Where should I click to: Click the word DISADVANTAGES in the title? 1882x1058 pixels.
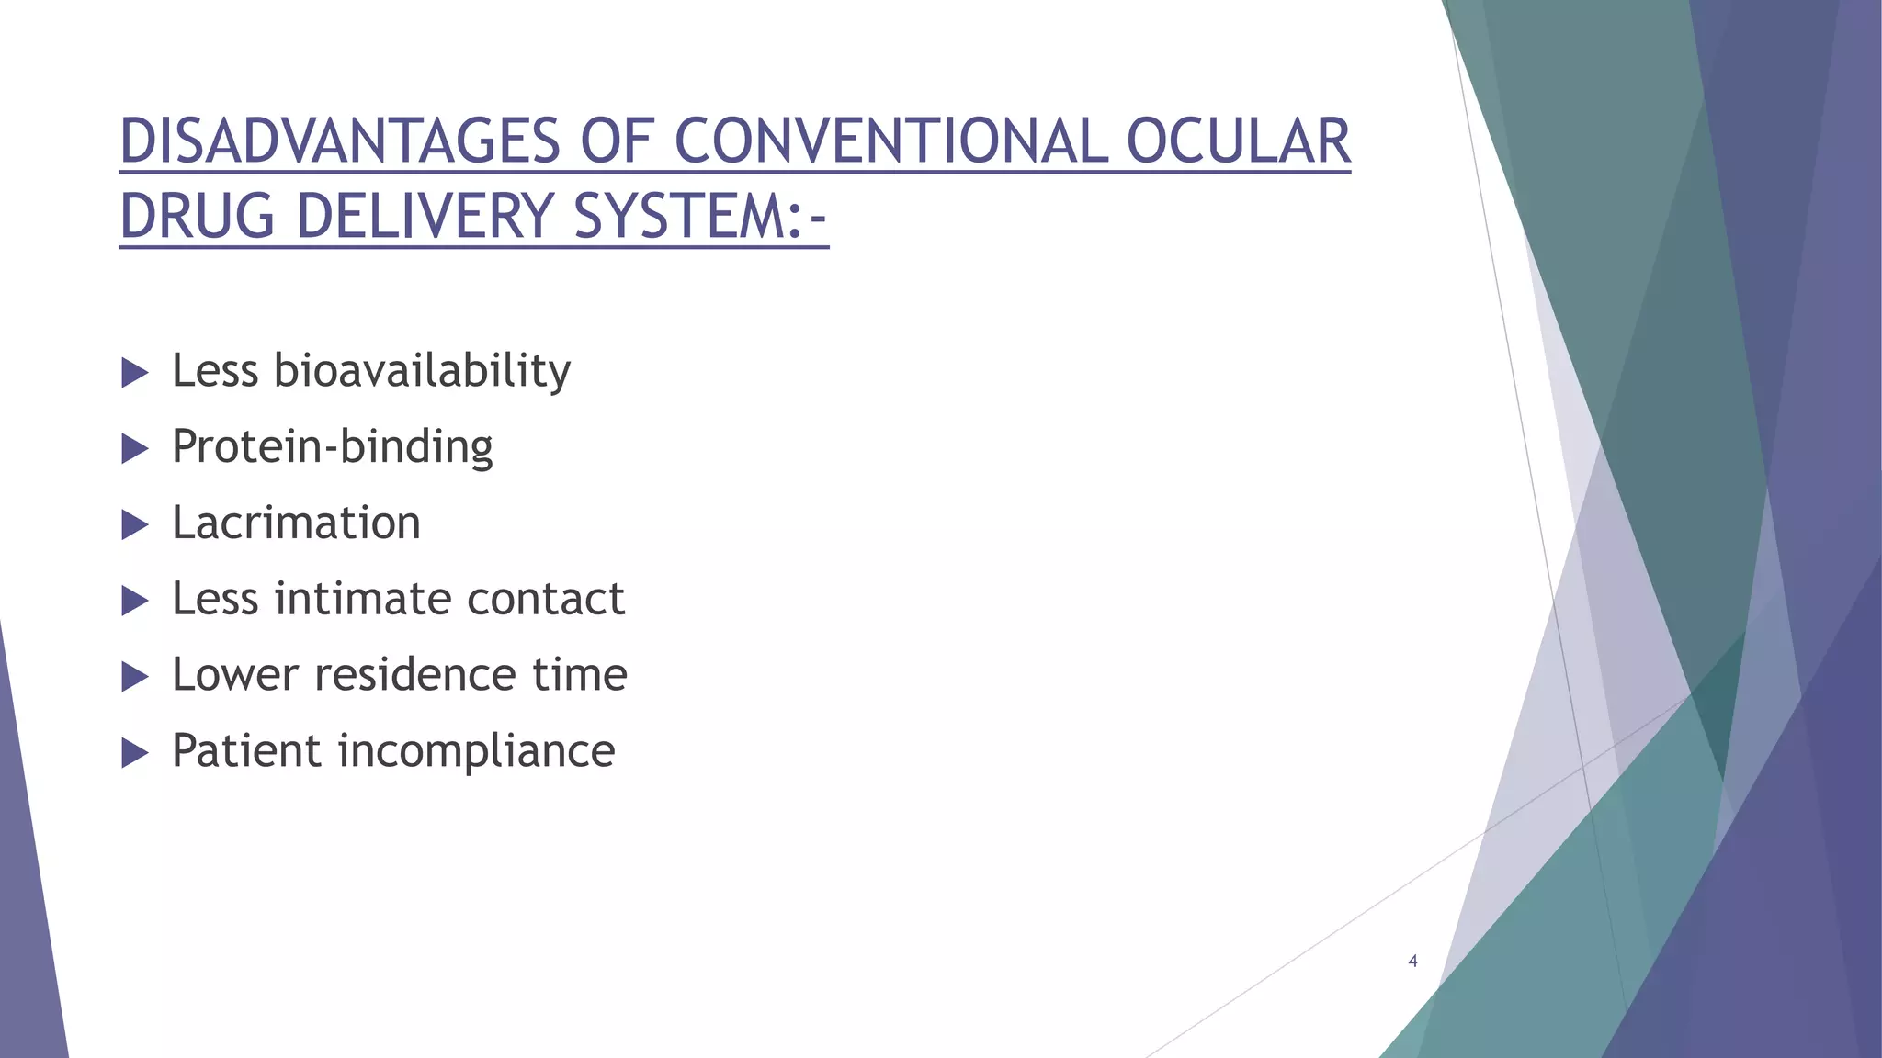coord(340,142)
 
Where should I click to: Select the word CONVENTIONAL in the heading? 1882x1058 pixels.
coord(890,142)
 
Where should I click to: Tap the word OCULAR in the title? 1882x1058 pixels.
coord(1238,142)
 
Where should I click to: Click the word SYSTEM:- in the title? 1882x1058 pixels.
coord(700,217)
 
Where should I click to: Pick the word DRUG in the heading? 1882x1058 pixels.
coord(198,217)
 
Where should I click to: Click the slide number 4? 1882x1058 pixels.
coord(1412,962)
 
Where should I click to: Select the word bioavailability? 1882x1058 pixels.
coord(422,371)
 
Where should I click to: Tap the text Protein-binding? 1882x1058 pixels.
coord(332,447)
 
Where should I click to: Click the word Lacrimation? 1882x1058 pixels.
coord(296,523)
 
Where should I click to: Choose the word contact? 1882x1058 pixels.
coord(546,599)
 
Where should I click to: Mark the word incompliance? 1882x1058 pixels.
coord(476,751)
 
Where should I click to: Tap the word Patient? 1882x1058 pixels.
coord(245,751)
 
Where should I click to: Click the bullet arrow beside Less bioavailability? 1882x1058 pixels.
coord(134,373)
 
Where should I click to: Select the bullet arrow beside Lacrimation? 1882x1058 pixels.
coord(134,525)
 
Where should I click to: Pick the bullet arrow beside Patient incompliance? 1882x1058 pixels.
coord(134,754)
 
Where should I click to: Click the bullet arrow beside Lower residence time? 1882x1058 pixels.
coord(134,678)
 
